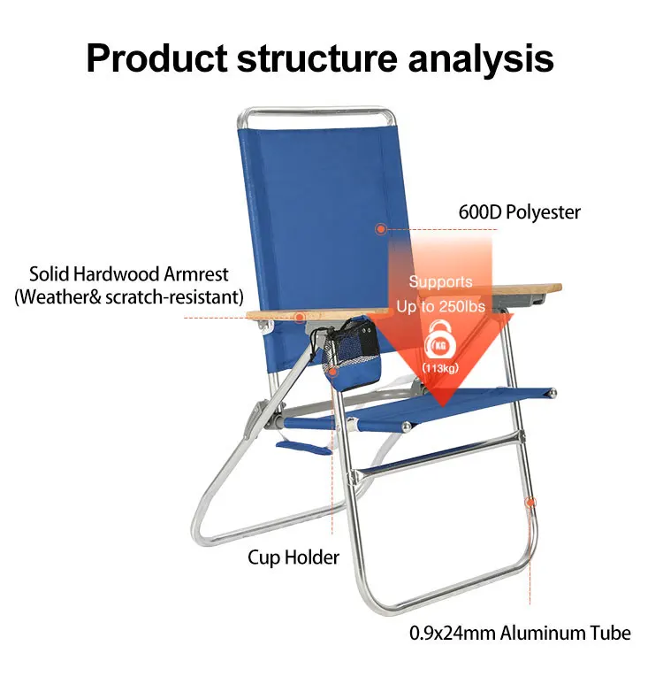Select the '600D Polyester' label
(519, 212)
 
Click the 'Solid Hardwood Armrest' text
(129, 274)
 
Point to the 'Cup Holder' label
(293, 557)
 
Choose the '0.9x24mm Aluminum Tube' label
(520, 633)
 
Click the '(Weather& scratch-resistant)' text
(128, 297)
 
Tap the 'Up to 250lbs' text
(440, 305)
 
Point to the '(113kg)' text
(439, 368)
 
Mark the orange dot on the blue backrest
(380, 229)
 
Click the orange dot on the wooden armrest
(300, 317)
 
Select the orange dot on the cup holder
(332, 372)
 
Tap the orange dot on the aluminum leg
(530, 503)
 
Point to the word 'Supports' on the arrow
(440, 282)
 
